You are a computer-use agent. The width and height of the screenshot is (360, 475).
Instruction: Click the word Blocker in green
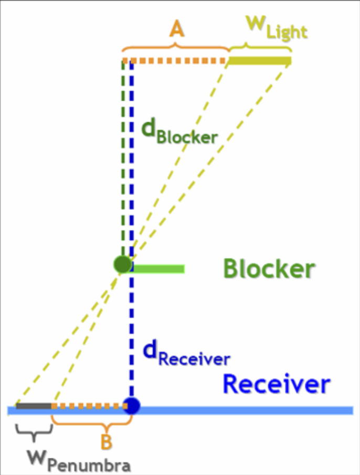pos(269,269)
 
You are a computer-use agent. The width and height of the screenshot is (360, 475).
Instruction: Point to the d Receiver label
pos(186,354)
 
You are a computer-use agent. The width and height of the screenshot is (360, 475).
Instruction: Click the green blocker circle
pos(123,264)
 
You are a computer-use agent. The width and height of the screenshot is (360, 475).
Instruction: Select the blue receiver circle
pos(132,405)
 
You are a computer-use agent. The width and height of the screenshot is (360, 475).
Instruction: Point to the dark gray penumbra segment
pos(34,405)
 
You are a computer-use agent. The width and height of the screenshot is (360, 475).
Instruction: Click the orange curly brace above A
pos(176,48)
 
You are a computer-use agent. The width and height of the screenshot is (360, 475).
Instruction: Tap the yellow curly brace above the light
pos(259,48)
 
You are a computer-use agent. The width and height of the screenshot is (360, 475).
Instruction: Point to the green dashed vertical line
pos(123,157)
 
